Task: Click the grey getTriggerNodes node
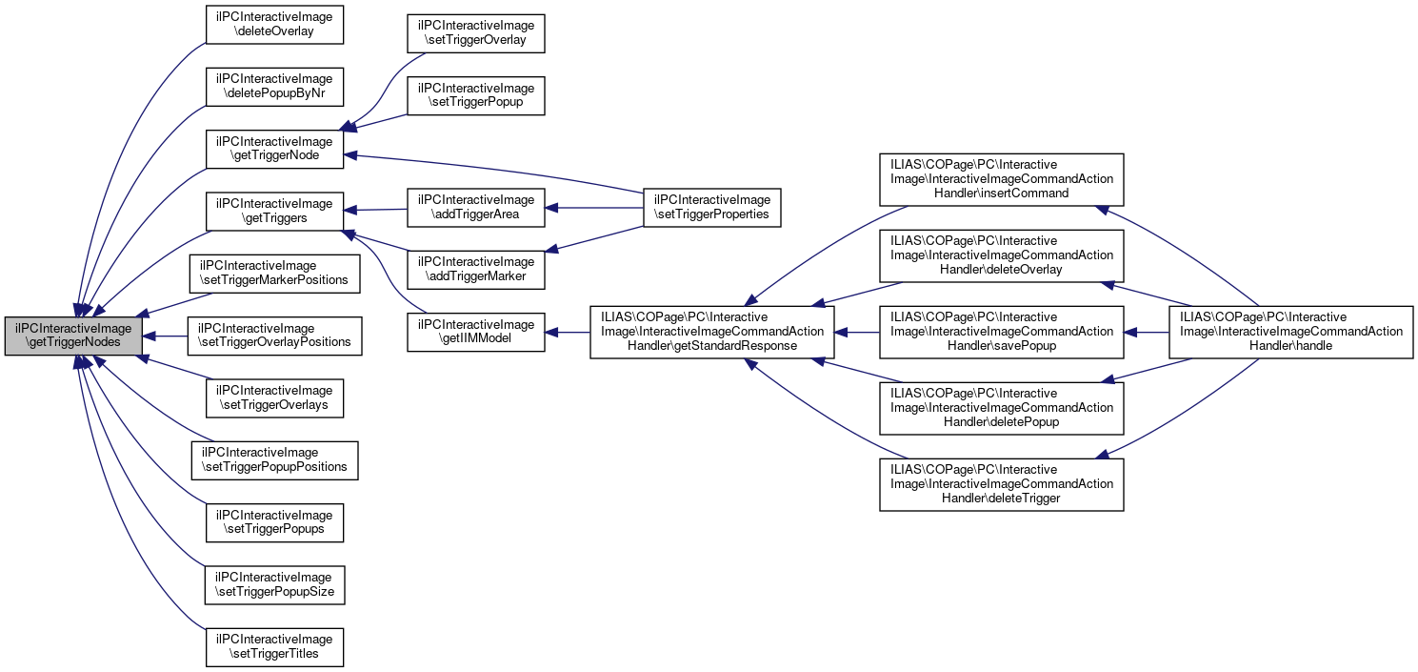coord(73,336)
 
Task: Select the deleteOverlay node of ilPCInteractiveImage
coord(274,25)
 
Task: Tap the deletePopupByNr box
coord(274,87)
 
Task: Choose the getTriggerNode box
coord(274,149)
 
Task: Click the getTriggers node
coord(274,212)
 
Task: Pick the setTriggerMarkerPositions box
coord(274,274)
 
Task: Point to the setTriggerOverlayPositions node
coord(274,336)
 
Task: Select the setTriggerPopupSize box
coord(274,585)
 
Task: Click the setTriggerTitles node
coord(274,647)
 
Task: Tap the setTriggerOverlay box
coord(476,33)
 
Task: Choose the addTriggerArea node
coord(476,208)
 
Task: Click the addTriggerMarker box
coord(476,270)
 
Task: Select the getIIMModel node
coord(476,332)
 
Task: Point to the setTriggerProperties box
coord(712,208)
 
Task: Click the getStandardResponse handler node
coord(712,332)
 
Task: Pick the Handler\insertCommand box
coord(1002,180)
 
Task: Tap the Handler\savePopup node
coord(1002,332)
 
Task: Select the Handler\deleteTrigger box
coord(1002,484)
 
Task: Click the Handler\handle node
coord(1291,332)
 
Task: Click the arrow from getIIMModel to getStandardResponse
coord(568,332)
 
